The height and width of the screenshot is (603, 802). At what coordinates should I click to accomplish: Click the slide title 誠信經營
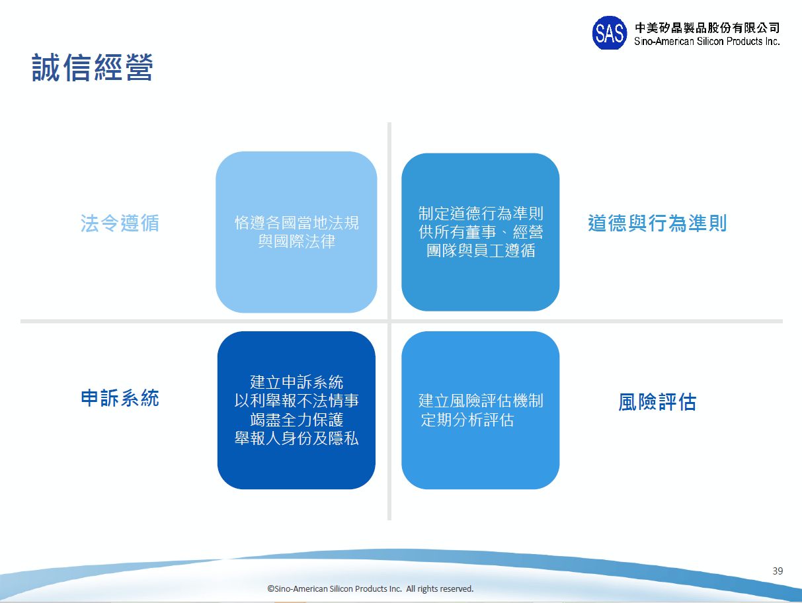93,67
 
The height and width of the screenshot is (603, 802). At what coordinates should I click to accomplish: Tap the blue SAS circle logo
609,32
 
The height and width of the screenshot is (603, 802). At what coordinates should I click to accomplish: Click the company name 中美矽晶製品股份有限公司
707,28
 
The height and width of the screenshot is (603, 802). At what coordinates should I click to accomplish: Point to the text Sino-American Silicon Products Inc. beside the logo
707,41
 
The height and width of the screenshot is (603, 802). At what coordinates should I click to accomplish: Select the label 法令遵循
120,223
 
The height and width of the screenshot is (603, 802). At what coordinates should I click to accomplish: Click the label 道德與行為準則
657,223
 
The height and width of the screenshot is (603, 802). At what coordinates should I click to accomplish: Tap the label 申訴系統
120,398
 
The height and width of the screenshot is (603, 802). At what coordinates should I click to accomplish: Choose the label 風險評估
657,402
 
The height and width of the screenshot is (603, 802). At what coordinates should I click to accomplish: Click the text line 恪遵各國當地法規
297,222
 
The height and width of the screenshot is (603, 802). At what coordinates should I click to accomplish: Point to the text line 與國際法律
297,241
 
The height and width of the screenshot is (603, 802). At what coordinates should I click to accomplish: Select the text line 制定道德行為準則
481,214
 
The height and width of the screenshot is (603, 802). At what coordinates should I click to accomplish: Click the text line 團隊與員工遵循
481,250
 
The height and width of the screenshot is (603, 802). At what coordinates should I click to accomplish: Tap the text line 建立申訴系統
297,382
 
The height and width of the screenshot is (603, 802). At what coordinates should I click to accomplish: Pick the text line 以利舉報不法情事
297,401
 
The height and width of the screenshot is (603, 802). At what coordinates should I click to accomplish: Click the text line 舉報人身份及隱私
297,438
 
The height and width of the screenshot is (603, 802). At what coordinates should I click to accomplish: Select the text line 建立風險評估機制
481,401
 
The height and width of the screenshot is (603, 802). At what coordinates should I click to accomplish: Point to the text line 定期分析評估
467,419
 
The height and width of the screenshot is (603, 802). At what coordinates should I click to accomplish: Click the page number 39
778,571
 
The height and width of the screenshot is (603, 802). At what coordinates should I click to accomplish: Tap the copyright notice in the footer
370,588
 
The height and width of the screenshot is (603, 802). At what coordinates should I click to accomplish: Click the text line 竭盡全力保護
297,419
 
